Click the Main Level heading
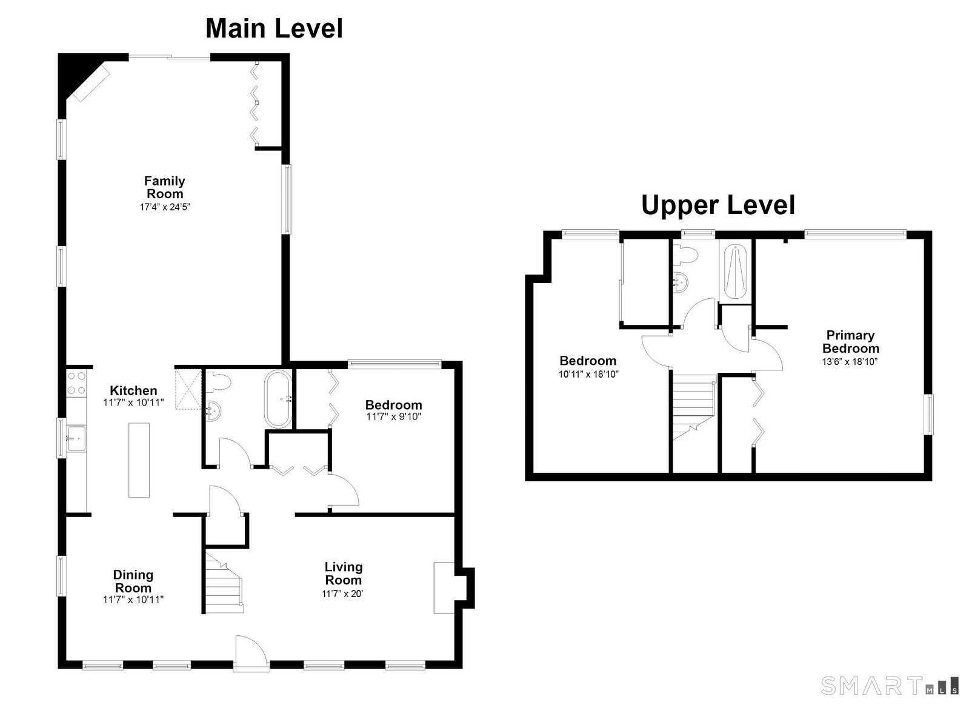[275, 28]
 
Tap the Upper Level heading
[718, 205]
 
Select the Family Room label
[165, 187]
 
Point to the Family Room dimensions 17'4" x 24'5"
[165, 207]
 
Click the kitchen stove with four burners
[76, 384]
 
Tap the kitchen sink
[76, 438]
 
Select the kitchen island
[139, 460]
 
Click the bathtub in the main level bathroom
[279, 399]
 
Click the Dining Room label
[133, 581]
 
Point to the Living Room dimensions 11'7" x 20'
[342, 594]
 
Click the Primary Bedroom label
[850, 341]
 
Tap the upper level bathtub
[735, 272]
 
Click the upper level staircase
[694, 407]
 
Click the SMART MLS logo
[894, 686]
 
